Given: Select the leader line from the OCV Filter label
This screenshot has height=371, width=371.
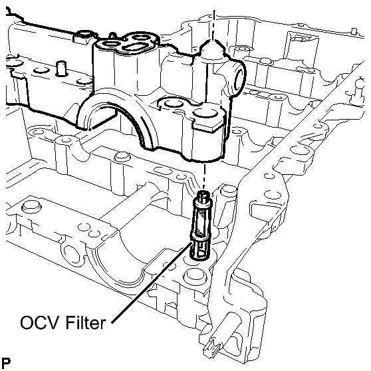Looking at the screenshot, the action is pos(152,282).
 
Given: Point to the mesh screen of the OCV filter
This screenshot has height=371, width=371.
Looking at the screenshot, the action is pos(201,223).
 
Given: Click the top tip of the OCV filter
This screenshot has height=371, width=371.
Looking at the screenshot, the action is pos(203,191).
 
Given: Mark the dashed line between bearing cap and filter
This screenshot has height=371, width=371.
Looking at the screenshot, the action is pos(204,176).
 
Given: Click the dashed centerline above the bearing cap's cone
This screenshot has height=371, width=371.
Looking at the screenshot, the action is pos(213,25).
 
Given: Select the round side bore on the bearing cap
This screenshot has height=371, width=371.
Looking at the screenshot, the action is pos(239,80).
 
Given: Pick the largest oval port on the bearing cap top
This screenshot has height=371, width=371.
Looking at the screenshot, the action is pos(134,47).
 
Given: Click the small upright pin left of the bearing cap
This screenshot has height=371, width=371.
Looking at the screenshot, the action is pos(61,68).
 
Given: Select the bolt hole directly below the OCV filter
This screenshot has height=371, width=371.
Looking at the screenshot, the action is pos(193,275).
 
